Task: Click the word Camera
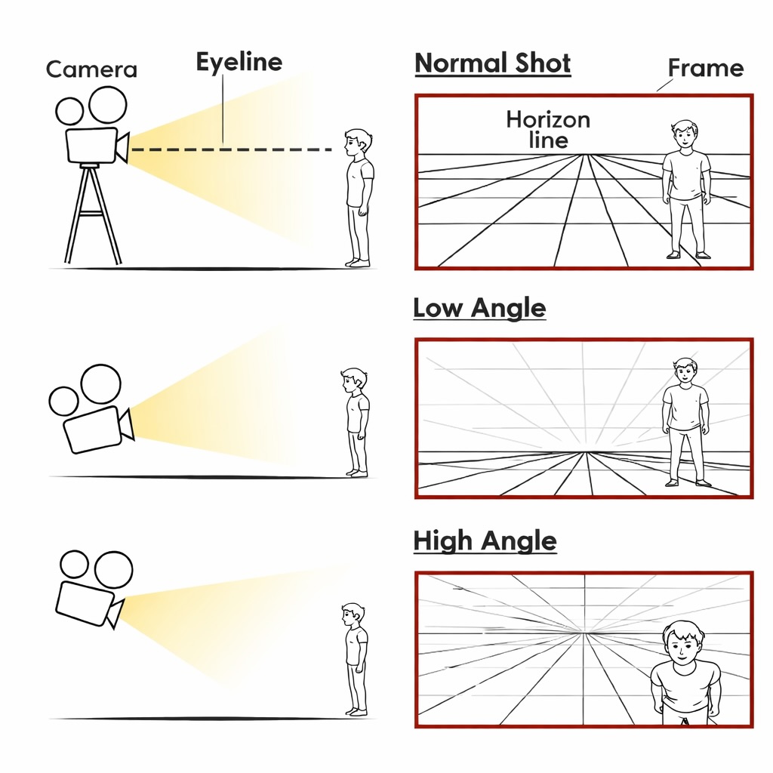pos(91,69)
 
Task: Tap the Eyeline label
pos(239,63)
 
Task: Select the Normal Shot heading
pos(492,63)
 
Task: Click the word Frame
pos(706,68)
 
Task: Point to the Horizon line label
pos(548,130)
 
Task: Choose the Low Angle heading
pos(479,308)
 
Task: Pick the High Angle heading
pos(485,540)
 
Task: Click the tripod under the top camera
pos(93,214)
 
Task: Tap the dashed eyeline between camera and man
pos(232,149)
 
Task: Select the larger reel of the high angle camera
pos(113,569)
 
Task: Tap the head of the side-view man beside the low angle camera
pos(353,381)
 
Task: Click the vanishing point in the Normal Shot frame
pos(586,155)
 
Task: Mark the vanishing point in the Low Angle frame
pos(587,452)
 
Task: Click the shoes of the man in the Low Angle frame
pos(688,482)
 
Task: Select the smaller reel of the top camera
pos(69,111)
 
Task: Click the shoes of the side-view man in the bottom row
pos(356,712)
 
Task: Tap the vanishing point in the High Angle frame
pos(585,633)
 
